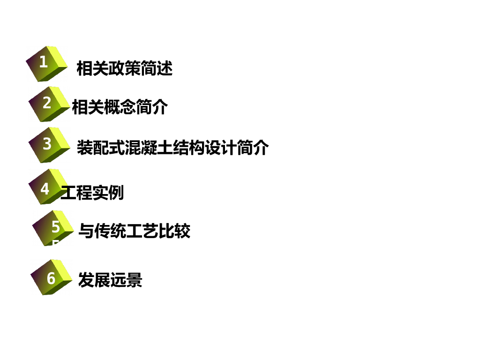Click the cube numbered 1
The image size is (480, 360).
click(47, 63)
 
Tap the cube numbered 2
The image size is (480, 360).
click(49, 104)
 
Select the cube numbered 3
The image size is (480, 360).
click(49, 144)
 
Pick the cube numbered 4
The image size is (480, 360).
click(48, 187)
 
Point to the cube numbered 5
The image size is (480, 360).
click(53, 228)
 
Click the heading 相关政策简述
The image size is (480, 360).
click(124, 68)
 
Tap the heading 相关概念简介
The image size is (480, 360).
click(120, 107)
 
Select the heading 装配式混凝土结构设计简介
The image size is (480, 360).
click(172, 148)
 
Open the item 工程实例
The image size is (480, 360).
click(92, 192)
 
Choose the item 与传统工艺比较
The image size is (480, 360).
click(134, 231)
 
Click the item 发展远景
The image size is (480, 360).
click(110, 280)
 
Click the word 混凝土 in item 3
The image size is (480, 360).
click(149, 148)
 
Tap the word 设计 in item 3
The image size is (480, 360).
click(221, 148)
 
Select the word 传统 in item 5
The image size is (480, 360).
click(110, 231)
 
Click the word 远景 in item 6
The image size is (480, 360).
click(126, 280)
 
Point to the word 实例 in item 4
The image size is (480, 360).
click(108, 192)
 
